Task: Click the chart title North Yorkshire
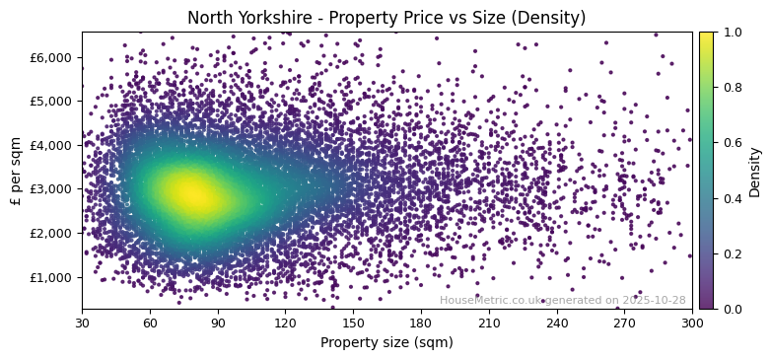[x=386, y=18]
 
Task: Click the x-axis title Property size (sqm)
[x=386, y=342]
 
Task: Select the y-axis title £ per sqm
[x=17, y=171]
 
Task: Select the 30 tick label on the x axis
[x=82, y=323]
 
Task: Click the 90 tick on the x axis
[x=218, y=323]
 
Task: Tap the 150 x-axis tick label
[x=353, y=323]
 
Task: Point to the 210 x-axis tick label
[x=489, y=323]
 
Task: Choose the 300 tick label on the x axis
[x=692, y=323]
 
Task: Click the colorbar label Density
[x=755, y=171]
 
